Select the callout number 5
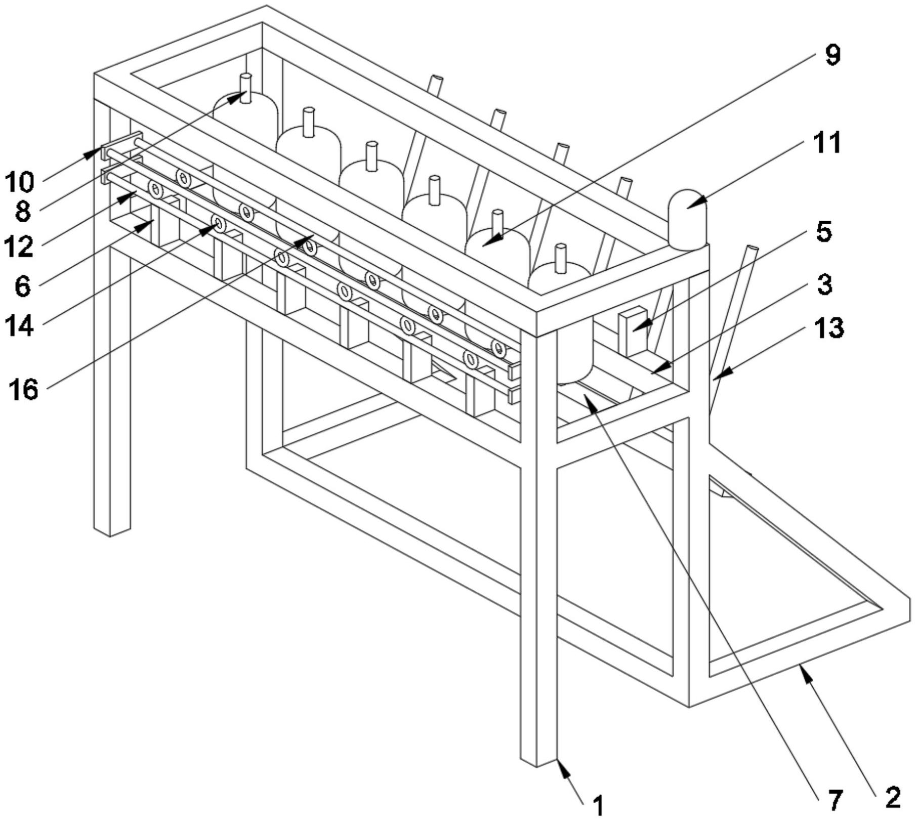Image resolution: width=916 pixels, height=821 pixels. tap(823, 231)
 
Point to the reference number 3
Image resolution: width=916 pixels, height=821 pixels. tap(824, 284)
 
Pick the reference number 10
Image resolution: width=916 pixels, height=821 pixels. tap(21, 182)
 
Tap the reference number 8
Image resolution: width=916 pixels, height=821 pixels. tap(22, 211)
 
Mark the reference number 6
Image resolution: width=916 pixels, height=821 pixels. tap(22, 286)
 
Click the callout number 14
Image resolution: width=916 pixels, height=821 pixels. tap(20, 325)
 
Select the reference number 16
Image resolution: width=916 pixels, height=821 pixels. tap(23, 389)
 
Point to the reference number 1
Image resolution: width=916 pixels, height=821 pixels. tap(598, 805)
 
